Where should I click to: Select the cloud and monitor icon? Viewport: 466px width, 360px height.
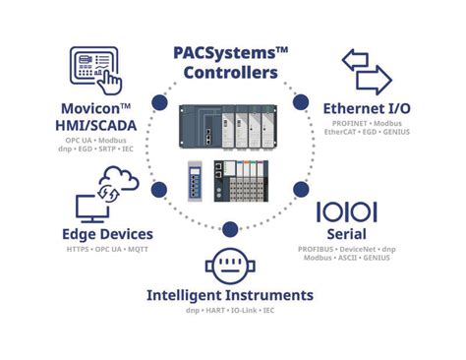(106, 193)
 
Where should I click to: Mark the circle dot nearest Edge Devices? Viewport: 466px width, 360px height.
(156, 188)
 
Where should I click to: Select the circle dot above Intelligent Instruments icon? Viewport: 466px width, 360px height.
(229, 230)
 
